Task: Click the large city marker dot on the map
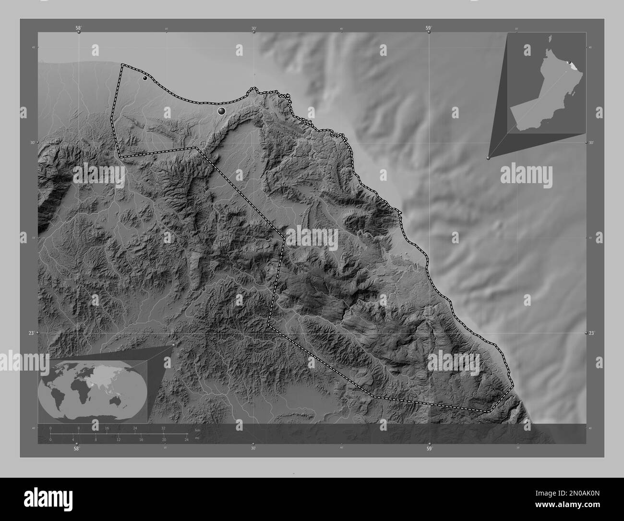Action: coord(221,111)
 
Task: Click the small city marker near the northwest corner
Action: coord(144,78)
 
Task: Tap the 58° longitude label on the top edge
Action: coord(78,28)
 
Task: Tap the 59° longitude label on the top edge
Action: coord(429,28)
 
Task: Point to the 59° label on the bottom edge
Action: coord(429,449)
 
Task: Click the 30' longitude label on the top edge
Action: coord(253,28)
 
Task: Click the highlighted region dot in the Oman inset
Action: coord(568,62)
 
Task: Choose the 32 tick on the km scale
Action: coord(163,428)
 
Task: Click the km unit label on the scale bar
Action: coord(197,429)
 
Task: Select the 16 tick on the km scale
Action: coord(107,428)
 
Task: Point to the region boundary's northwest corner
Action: coord(121,64)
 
